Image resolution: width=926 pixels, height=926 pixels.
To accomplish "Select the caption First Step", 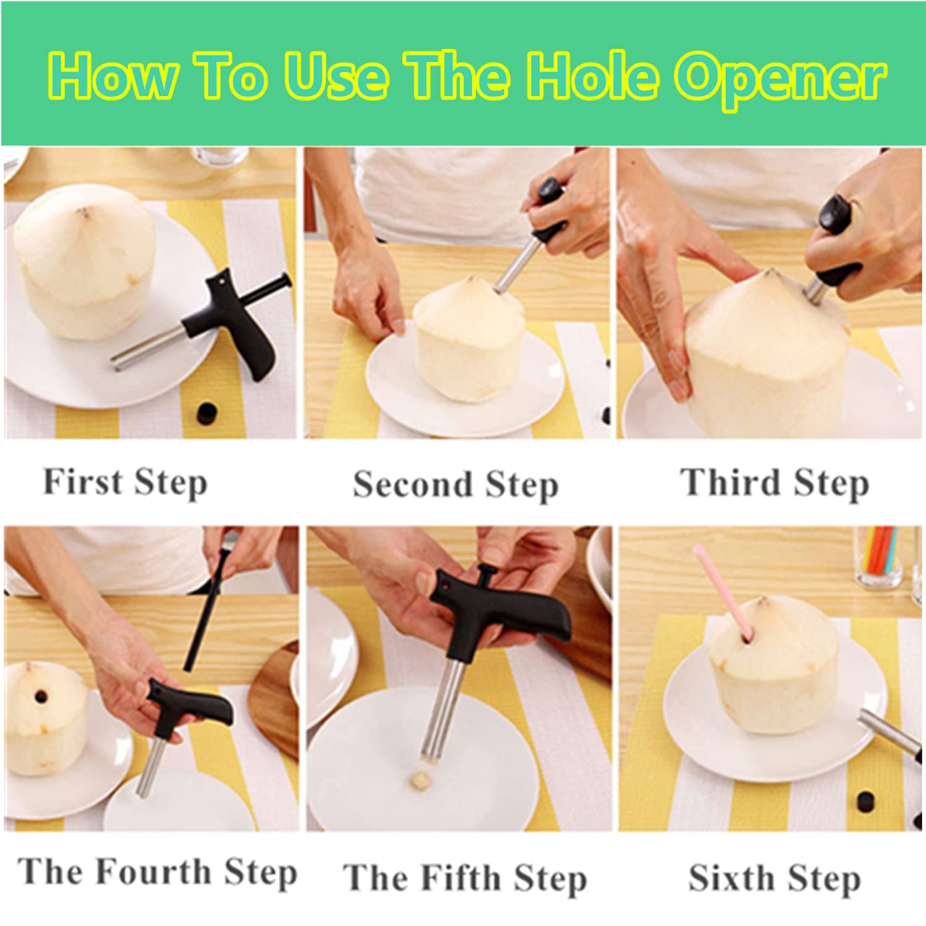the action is pos(125,483).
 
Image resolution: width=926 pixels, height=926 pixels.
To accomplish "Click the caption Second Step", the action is pos(456,485).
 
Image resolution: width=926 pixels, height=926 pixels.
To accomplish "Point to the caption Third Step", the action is pos(775,483).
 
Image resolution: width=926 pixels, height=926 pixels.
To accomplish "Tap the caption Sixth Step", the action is pos(774,878).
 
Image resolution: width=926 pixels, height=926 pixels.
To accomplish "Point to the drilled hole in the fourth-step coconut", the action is pos(41,697).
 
